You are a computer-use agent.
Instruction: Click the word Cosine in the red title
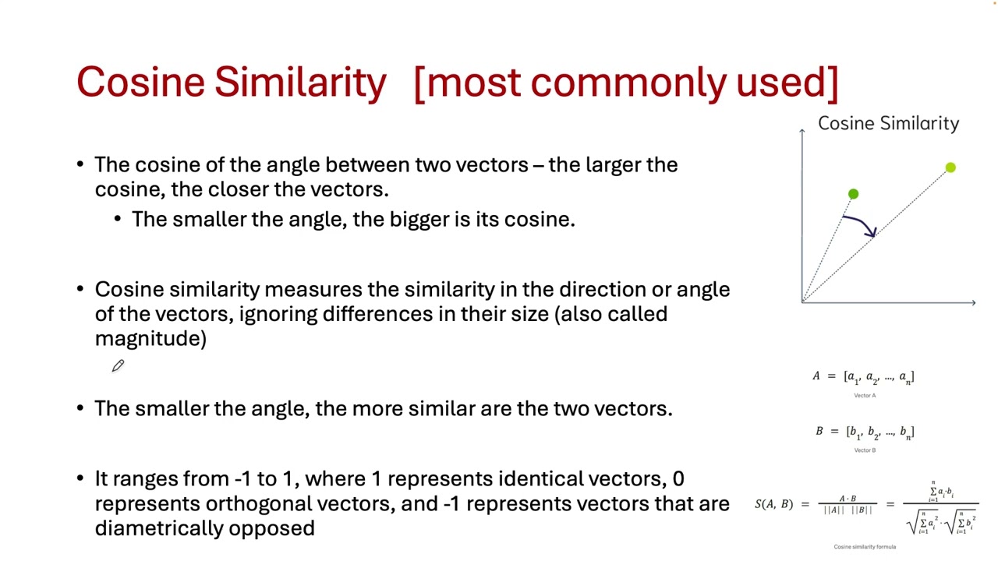tap(140, 82)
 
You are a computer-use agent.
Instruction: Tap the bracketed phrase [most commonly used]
tap(626, 82)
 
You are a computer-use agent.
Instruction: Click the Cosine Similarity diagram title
tap(888, 123)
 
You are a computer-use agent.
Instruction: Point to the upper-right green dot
tap(950, 168)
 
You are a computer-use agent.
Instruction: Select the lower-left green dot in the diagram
tap(853, 194)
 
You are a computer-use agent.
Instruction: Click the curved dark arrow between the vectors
tap(862, 224)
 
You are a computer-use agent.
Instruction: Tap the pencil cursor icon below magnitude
tap(118, 365)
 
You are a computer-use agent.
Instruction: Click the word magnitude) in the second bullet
tap(150, 338)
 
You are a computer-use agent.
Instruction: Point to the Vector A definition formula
tap(863, 377)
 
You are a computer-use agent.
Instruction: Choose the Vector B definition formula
tap(865, 432)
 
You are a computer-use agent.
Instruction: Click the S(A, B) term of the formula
tap(773, 504)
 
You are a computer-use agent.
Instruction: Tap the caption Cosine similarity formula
tap(865, 547)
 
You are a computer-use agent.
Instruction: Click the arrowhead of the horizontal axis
tap(973, 302)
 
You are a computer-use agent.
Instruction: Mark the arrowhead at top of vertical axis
tap(802, 131)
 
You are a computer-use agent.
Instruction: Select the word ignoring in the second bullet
tap(277, 314)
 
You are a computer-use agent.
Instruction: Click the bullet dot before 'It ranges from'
tap(80, 478)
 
